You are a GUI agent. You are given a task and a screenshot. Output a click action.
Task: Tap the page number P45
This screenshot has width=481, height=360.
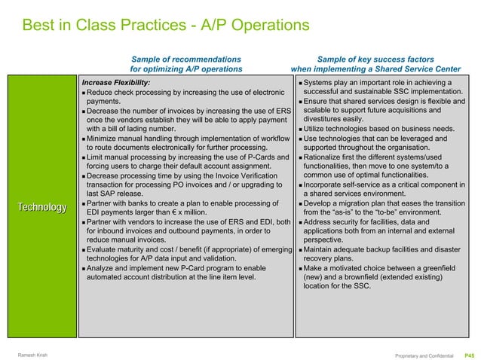tap(468, 354)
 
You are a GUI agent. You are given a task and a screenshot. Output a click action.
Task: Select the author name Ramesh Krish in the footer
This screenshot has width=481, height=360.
tap(32, 355)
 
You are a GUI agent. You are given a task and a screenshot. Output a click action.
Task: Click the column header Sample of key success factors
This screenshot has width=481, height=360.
tap(375, 59)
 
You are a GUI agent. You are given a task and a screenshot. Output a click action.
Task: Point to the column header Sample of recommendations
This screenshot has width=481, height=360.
tap(186, 59)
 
